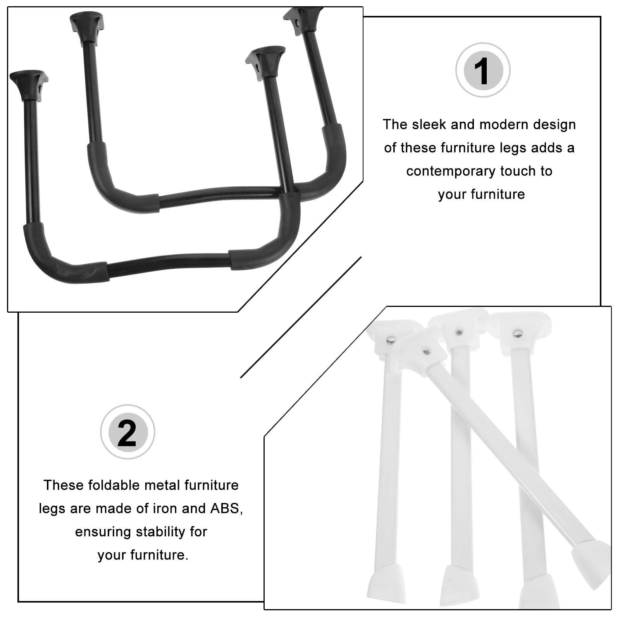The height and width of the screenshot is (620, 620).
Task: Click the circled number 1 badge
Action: (482, 71)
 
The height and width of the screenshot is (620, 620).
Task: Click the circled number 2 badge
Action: (127, 432)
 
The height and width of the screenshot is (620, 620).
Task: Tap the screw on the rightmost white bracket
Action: (517, 333)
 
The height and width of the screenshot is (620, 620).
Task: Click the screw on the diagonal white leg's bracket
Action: (426, 352)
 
